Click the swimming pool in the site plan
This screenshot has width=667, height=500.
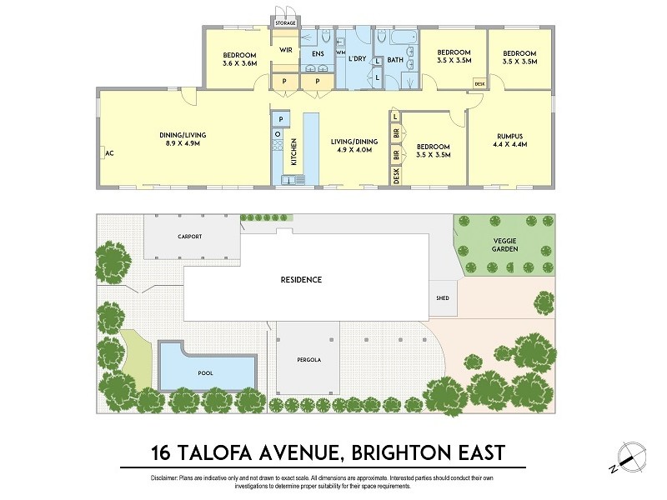click(x=205, y=367)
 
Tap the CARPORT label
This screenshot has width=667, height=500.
click(x=189, y=237)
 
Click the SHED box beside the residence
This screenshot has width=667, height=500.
click(x=442, y=297)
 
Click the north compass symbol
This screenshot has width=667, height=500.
click(x=631, y=455)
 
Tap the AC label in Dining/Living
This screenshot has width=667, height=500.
click(x=108, y=152)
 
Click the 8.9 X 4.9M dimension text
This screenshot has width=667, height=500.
click(x=183, y=143)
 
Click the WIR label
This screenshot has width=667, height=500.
click(x=285, y=50)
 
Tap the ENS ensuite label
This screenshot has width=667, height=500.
click(x=318, y=55)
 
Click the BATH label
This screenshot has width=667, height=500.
click(x=395, y=59)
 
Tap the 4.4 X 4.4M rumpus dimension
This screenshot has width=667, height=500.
click(x=509, y=147)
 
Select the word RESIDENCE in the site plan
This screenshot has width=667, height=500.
click(x=301, y=280)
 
